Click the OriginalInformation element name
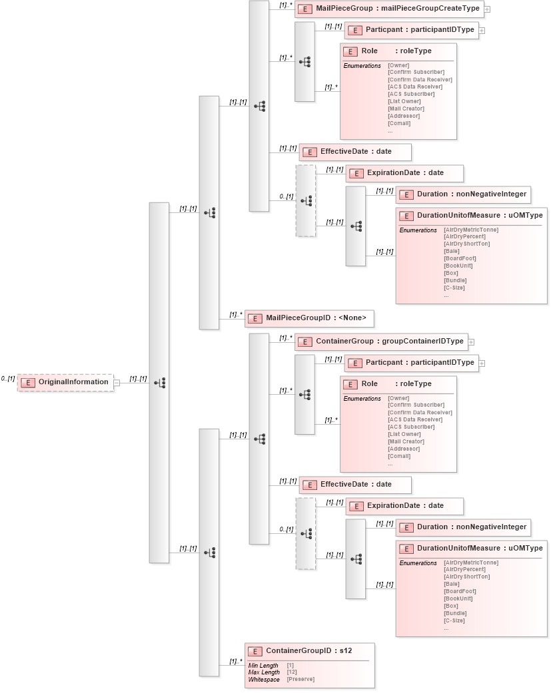(73, 382)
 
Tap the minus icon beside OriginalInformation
(117, 383)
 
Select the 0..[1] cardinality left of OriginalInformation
(8, 378)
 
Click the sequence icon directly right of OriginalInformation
(159, 383)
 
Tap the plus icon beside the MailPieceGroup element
(487, 9)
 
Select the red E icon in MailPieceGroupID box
(254, 319)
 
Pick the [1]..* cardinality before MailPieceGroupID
(236, 314)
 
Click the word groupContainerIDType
(422, 341)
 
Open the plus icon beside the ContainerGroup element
(471, 342)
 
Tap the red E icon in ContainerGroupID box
(254, 651)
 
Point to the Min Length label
(263, 665)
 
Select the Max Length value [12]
(291, 672)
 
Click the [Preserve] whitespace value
(300, 679)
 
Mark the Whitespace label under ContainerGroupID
(263, 679)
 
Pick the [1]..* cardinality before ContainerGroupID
(236, 661)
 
